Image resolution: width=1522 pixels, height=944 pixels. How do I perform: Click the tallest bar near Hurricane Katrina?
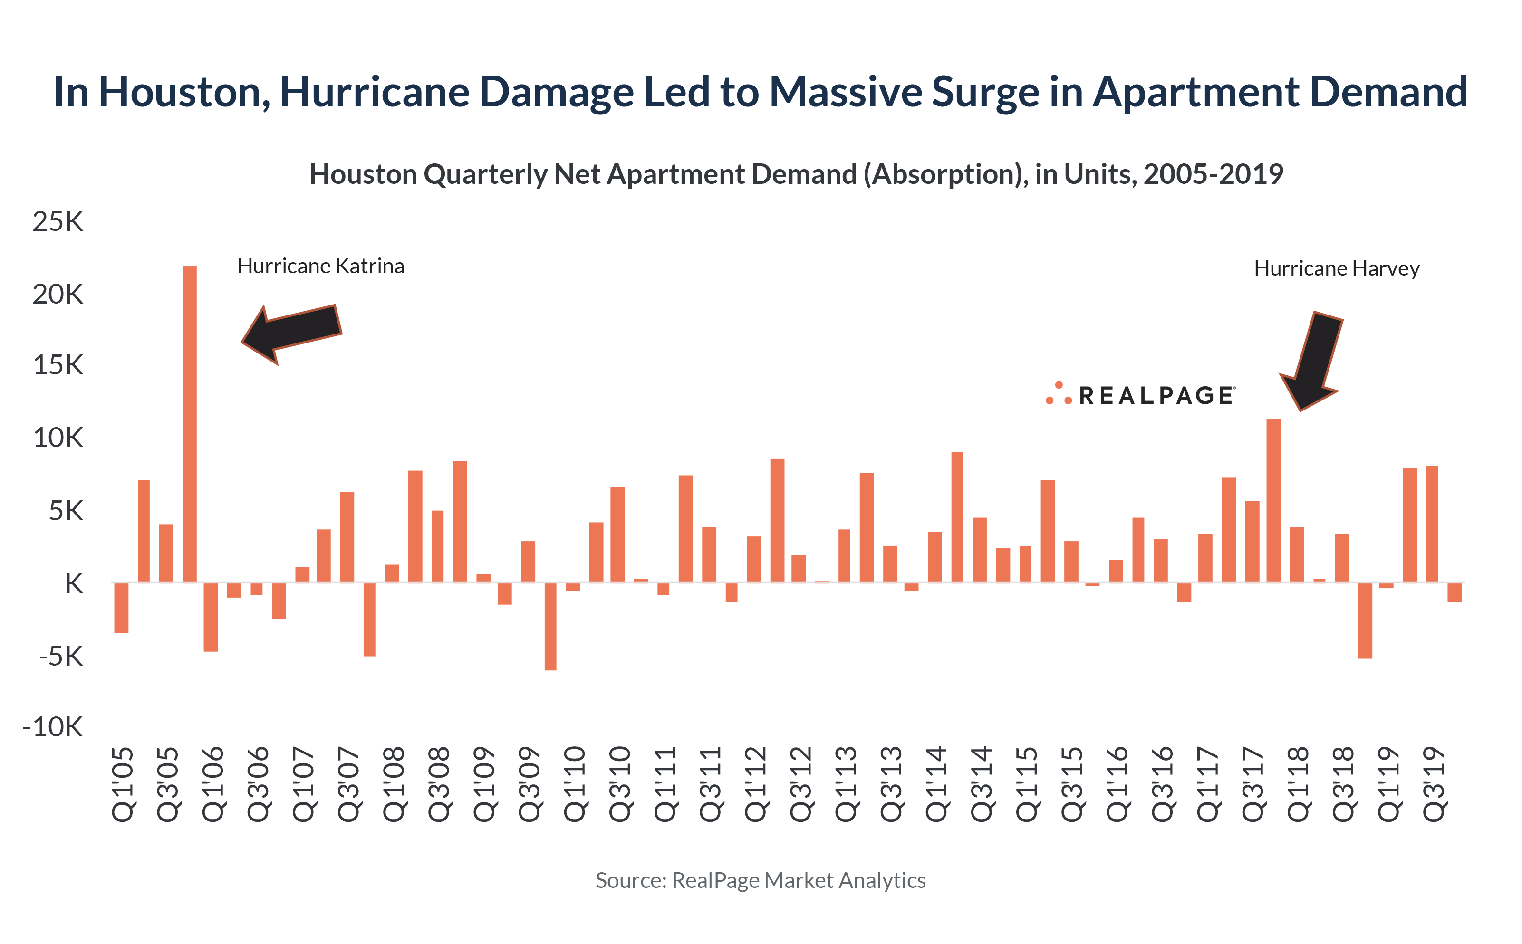pos(189,425)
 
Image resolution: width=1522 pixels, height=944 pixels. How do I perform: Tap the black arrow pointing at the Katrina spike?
pos(291,332)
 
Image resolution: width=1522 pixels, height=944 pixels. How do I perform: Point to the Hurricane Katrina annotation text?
pos(320,267)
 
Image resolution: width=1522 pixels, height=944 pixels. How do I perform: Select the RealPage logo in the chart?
pos(1140,395)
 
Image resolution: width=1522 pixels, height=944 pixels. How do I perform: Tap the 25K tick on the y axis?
pos(58,222)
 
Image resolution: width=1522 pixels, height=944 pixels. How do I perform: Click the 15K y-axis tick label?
pos(58,366)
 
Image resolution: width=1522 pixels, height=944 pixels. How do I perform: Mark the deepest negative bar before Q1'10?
pos(550,626)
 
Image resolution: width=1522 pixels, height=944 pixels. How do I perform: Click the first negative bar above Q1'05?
pos(121,608)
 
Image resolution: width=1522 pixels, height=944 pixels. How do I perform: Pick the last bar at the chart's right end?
pos(1454,592)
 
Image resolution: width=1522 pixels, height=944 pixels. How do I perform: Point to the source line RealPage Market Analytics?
pos(760,880)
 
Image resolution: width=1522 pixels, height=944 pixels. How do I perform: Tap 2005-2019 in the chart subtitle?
pos(1213,174)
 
